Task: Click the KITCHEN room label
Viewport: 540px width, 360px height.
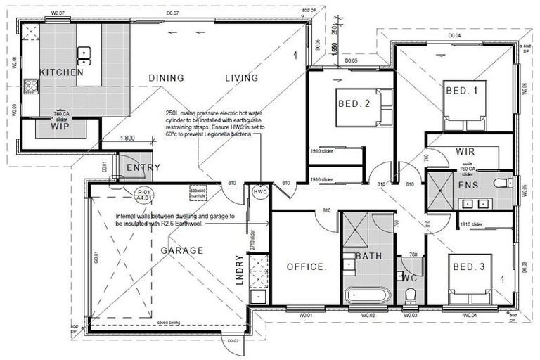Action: tap(61, 72)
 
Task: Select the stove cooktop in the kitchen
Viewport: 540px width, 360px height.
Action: tap(31, 86)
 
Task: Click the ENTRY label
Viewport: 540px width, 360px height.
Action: tap(143, 167)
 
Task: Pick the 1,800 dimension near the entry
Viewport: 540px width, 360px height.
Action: tap(127, 139)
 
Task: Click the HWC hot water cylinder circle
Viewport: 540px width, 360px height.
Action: tap(260, 191)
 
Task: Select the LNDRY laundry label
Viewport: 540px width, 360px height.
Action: tap(239, 267)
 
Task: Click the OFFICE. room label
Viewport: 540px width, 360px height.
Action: tap(307, 267)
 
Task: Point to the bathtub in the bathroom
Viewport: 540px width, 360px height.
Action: tap(366, 294)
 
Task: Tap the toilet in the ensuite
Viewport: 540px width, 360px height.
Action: tap(502, 184)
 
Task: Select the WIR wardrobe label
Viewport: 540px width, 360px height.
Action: tap(465, 152)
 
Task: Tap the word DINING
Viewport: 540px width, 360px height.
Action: tap(166, 78)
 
